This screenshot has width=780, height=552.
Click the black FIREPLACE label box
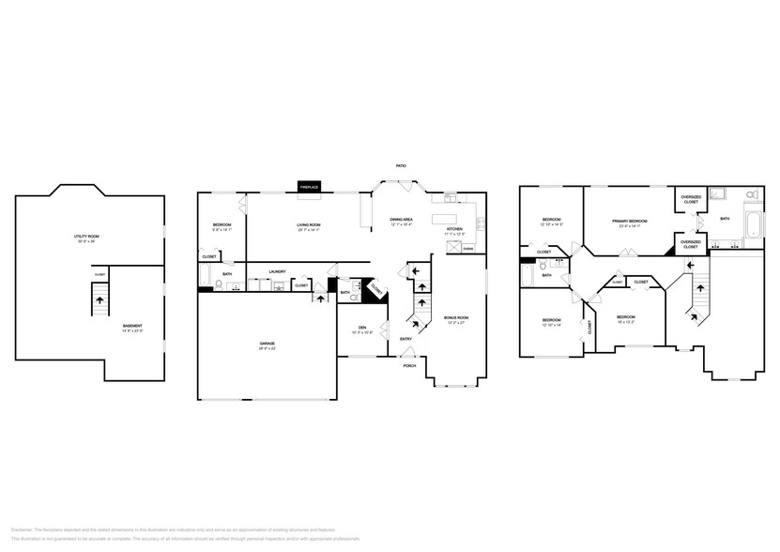(x=309, y=188)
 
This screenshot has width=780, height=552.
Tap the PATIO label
(x=401, y=166)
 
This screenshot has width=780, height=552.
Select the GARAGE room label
(x=268, y=345)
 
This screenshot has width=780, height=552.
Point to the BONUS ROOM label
(x=456, y=319)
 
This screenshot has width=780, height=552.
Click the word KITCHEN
(x=454, y=229)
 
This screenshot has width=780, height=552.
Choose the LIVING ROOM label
(x=310, y=225)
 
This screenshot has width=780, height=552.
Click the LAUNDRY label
(x=277, y=272)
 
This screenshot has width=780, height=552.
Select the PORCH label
(x=409, y=365)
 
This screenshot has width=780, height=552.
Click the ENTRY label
(x=405, y=339)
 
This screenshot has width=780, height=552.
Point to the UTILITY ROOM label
(x=86, y=237)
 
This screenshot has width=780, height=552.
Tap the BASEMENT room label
(x=131, y=327)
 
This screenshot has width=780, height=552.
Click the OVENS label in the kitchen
(x=467, y=249)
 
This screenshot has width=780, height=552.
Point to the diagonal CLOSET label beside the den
(x=374, y=289)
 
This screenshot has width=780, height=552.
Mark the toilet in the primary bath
(x=751, y=195)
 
